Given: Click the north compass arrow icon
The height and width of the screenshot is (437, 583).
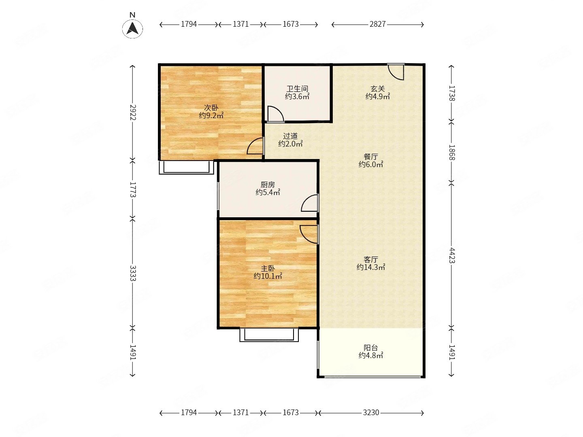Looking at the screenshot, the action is coord(132,28).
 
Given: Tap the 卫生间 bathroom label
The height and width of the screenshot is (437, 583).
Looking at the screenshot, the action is coord(297,89).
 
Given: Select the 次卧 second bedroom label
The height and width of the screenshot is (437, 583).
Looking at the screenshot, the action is coord(211,108).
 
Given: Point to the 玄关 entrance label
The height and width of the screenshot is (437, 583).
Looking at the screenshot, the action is coord(377,89).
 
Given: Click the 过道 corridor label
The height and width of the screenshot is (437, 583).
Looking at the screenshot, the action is coord(290,136).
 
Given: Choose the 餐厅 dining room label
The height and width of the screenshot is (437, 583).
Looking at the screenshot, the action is coord(371,157).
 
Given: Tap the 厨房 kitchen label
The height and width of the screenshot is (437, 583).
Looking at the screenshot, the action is coord(268,185).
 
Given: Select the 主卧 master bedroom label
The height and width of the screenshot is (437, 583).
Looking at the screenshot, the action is coord(268,268).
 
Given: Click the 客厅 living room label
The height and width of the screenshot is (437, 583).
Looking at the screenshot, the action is coord(371,259).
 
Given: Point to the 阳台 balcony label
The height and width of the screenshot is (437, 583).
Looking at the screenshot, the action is coord(371,348).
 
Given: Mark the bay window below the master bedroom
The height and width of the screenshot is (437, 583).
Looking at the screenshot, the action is coord(269,335).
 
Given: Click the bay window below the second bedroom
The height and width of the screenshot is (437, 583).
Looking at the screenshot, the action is coord(187,168).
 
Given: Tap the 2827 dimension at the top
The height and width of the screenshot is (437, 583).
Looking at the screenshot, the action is coord(377,24).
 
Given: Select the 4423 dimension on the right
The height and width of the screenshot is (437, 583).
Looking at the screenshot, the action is coord(451,255).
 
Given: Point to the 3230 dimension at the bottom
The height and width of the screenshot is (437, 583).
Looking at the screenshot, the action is coord(371,413).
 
